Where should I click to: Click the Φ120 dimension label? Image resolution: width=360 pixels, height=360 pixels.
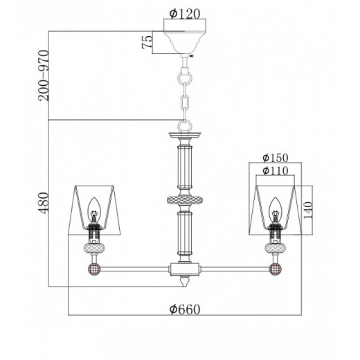click(185, 14)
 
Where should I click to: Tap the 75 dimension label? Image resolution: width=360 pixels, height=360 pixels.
click(147, 42)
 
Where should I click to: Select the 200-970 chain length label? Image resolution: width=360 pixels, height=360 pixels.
click(44, 75)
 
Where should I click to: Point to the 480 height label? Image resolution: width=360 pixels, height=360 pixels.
click(44, 204)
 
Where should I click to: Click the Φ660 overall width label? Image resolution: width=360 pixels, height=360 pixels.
click(185, 309)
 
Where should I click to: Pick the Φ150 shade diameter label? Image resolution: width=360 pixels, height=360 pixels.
click(276, 158)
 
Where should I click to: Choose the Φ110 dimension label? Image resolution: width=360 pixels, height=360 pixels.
click(276, 171)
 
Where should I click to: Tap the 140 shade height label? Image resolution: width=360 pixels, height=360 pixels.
click(307, 210)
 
